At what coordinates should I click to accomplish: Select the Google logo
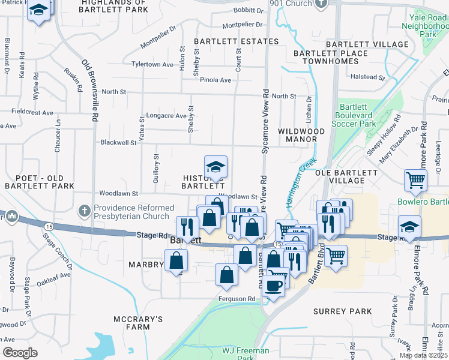point(20,353)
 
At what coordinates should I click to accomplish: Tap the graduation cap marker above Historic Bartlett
point(215,167)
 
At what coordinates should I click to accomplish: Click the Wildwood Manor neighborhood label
point(302,135)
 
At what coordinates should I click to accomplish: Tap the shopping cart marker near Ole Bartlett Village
point(415,180)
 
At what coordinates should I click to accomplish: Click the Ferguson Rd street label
point(239,298)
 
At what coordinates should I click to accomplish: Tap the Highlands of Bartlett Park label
point(114,7)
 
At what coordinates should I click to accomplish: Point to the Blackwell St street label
point(119,143)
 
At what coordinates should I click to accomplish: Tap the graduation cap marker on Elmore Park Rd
point(409,227)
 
